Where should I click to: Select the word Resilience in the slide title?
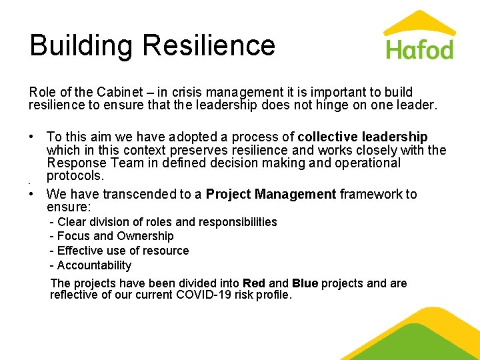pos(209,45)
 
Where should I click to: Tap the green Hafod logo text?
pos(419,49)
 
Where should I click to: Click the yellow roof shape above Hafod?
pos(419,23)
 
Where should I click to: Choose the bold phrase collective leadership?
pos(363,137)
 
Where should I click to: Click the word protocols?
pos(75,175)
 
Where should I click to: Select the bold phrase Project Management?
pos(271,194)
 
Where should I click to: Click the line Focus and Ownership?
pos(112,236)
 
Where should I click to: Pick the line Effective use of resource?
pos(119,251)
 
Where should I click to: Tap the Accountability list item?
pos(91,265)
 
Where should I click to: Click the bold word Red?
pos(254,283)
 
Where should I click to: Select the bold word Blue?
pos(305,283)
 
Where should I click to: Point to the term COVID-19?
pos(201,295)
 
